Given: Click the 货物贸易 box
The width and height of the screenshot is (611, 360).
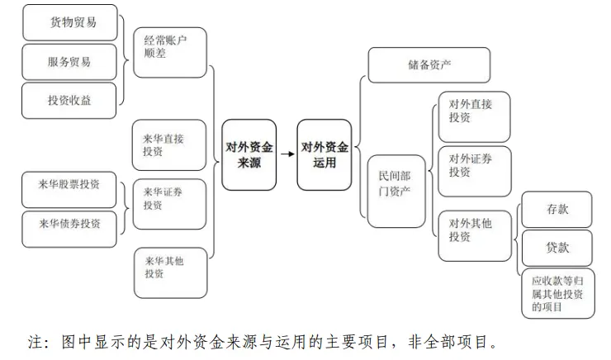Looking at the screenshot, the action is coord(70,22).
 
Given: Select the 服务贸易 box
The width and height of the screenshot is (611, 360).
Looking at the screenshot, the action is coord(69,62).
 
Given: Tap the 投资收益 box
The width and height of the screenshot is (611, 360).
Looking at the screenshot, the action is coord(69,101).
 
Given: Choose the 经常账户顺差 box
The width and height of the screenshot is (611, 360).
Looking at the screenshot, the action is coord(170,53).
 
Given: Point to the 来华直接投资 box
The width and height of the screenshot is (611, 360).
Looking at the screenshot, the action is coord(169,145).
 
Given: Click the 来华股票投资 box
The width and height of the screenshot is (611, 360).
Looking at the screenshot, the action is coord(69,190).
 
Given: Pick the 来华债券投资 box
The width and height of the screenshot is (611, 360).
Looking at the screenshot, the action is coord(69,230).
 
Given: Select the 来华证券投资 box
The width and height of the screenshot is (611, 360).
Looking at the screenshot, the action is coord(169,204).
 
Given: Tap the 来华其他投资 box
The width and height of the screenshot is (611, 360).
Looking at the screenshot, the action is coord(171,273).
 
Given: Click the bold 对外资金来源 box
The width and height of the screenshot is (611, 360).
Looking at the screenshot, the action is coord(249,154).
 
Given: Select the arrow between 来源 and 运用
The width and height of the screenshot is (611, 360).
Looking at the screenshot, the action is coord(287,154).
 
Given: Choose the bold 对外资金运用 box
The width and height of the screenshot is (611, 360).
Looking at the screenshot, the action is coord(324,154).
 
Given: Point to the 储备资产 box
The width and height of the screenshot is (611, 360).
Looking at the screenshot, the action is coord(429,65).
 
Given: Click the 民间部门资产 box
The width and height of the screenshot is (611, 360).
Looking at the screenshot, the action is coord(396,192).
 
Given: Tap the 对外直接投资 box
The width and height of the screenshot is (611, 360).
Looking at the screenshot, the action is coord(474,117).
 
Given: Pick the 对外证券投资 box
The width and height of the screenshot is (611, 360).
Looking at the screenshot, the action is coord(475,172).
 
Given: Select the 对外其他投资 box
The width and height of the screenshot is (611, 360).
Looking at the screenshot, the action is coord(475,236).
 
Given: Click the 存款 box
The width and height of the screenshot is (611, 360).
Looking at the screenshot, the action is coord(557,210).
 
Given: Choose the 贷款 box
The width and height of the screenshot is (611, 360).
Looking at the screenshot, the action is coord(557,249).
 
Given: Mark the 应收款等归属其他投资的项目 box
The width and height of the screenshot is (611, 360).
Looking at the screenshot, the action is coord(558,293).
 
